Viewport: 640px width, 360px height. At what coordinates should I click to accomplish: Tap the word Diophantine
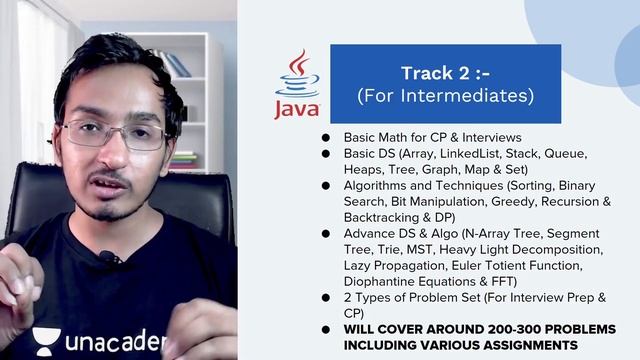click(384, 280)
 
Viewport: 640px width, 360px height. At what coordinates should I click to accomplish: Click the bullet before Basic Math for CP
click(326, 137)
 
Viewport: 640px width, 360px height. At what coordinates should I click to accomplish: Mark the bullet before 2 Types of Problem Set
click(326, 297)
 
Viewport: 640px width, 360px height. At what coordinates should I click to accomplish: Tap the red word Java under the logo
click(297, 107)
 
